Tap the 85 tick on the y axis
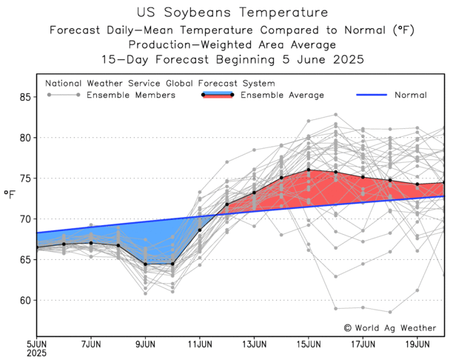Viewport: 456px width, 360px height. [x=24, y=97]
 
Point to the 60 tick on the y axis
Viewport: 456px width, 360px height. [x=24, y=300]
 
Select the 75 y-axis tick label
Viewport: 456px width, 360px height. [x=24, y=179]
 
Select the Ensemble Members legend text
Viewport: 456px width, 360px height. [x=130, y=95]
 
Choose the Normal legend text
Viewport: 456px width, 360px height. [x=409, y=95]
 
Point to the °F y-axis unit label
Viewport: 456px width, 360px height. [x=10, y=195]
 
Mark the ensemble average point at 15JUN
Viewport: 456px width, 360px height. [x=309, y=170]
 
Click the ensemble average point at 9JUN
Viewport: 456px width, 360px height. [x=145, y=264]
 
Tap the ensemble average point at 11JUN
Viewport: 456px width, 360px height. [x=200, y=230]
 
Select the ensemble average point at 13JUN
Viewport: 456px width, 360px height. [x=254, y=193]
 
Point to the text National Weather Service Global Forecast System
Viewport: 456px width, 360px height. [x=160, y=84]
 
